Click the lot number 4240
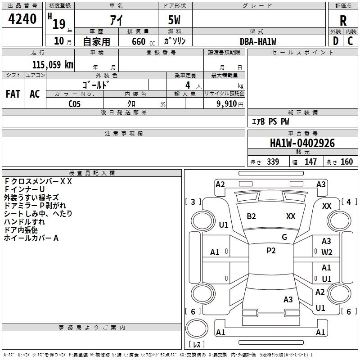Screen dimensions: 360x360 click(x=23, y=19)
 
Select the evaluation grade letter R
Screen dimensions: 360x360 click(x=343, y=21)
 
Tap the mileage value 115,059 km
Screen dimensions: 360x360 click(x=53, y=65)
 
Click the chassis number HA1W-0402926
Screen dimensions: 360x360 click(x=302, y=143)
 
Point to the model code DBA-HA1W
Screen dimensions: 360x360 click(x=258, y=41)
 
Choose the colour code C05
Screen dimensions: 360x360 click(x=75, y=103)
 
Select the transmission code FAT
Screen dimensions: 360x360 click(x=13, y=94)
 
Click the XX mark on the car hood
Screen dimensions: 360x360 click(x=291, y=216)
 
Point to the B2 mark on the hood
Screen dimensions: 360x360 click(x=251, y=216)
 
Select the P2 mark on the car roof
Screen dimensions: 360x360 click(x=271, y=251)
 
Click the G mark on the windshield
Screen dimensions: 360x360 click(x=284, y=237)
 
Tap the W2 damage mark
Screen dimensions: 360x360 click(x=327, y=252)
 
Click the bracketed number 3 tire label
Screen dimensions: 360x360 click(x=193, y=202)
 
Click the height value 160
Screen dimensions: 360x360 click(x=346, y=162)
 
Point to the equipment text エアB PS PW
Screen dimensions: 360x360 click(x=270, y=121)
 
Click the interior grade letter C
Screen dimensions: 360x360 click(x=350, y=41)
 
